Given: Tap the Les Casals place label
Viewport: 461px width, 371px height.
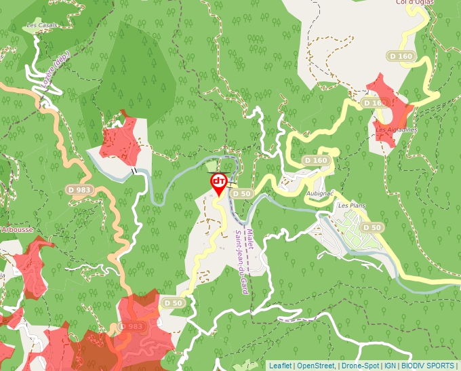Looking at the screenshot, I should [41, 26].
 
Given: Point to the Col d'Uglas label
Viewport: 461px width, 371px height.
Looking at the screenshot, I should [415, 3].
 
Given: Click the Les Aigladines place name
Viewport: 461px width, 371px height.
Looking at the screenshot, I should [397, 130].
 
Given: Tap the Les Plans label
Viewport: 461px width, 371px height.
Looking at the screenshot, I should [352, 205].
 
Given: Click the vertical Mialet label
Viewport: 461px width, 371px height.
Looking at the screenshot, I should [250, 239].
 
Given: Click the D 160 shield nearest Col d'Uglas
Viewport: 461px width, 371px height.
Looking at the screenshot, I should [401, 56].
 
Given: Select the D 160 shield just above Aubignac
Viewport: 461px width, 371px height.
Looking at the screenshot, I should [316, 160].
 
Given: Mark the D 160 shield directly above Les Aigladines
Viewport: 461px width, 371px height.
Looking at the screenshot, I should [374, 103].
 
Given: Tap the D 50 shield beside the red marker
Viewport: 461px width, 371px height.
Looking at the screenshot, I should [242, 193].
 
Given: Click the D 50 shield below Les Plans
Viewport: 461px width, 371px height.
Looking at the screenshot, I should [372, 227].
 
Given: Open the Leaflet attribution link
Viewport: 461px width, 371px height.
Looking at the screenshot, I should [280, 366].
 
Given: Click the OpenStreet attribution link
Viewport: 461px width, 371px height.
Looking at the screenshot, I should [316, 366].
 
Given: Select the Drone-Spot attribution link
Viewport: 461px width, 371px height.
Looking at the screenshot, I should [360, 366].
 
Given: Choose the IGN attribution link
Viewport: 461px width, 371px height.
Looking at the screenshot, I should [390, 366].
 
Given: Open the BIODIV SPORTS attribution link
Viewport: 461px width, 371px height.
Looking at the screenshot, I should [428, 366].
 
